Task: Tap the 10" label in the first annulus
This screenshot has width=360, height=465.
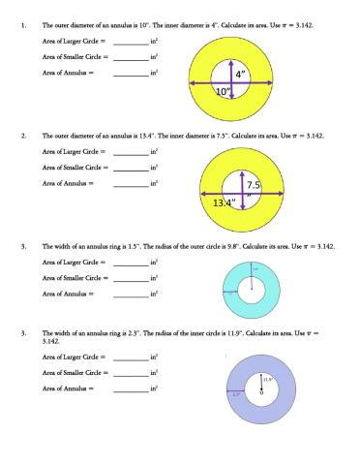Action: [224, 91]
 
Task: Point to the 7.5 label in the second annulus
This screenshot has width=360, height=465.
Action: [254, 185]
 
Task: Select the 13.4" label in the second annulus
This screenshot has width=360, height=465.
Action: [225, 202]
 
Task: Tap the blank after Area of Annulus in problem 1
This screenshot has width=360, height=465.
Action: [131, 72]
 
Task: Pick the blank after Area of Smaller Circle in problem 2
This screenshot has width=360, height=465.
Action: [131, 168]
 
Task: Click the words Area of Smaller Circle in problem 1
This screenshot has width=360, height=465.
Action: [74, 58]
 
